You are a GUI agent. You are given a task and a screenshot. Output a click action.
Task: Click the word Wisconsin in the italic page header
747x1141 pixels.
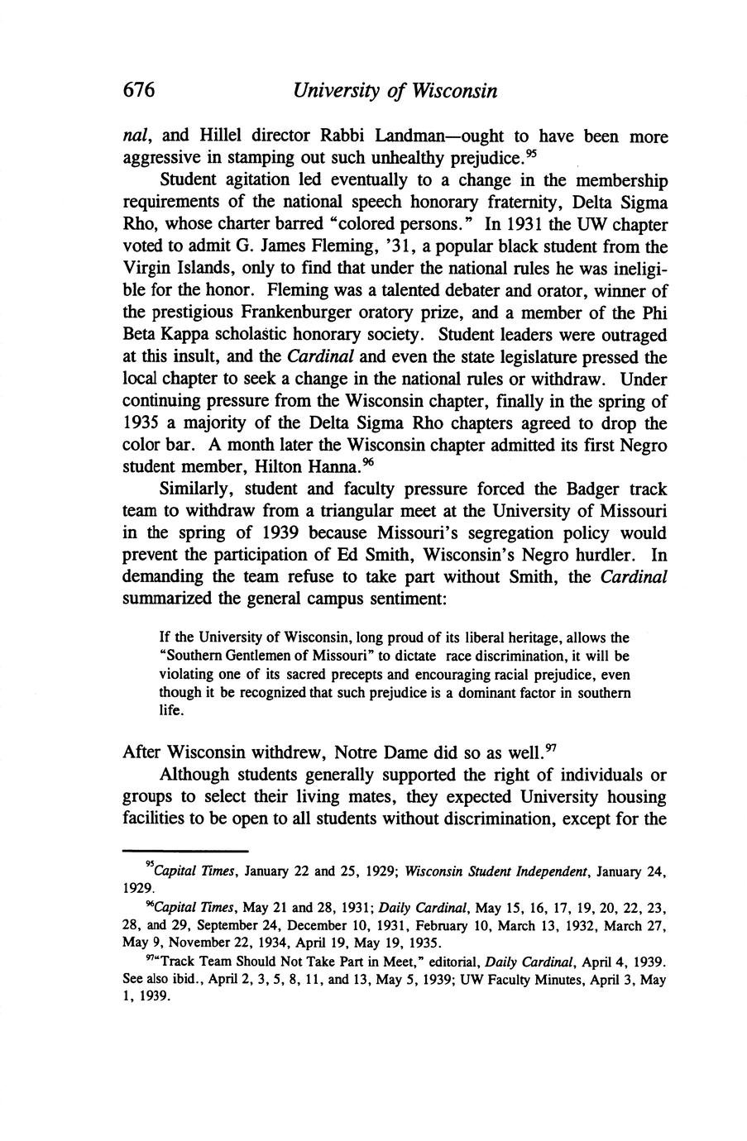pos(453,90)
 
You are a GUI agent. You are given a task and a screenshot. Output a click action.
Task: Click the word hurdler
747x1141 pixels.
pos(599,556)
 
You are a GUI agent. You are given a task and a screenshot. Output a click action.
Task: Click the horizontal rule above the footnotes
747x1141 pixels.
pos(185,850)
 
